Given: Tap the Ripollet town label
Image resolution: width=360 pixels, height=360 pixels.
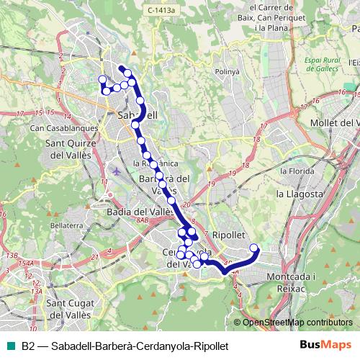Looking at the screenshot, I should pyautogui.click(x=230, y=235).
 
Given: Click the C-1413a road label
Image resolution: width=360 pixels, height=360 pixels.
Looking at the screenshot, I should pyautogui.click(x=162, y=10).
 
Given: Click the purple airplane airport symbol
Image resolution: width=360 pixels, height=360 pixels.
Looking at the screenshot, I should pyautogui.click(x=117, y=172).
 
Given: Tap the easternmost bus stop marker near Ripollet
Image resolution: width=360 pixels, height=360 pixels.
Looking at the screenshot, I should pyautogui.click(x=253, y=248).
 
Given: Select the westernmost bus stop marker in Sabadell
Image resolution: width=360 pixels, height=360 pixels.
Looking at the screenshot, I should pyautogui.click(x=102, y=79).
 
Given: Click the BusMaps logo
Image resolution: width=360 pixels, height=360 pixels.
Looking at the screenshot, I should pyautogui.click(x=330, y=346).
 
